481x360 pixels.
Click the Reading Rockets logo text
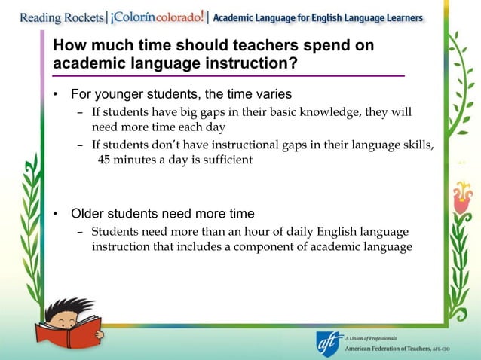52,17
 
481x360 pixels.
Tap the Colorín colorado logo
157,16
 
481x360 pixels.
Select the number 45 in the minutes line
106,160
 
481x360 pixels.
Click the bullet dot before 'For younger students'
56,95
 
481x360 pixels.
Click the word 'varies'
272,95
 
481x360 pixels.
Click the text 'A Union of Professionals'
371,338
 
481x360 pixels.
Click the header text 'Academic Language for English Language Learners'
318,17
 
